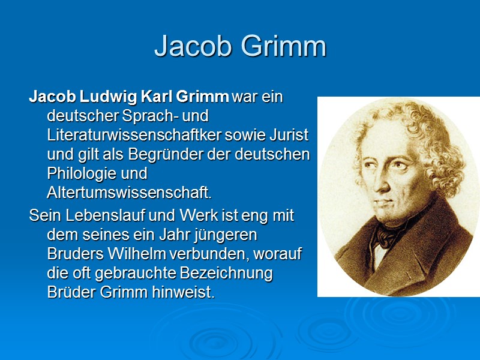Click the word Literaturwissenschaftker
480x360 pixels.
point(137,135)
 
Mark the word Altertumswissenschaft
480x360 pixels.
point(129,193)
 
